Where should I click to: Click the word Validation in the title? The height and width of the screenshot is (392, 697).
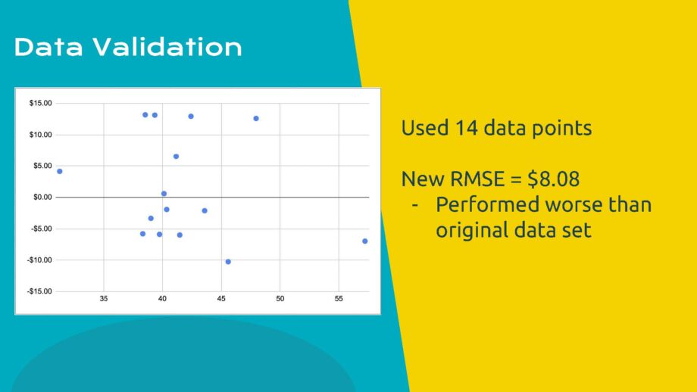coord(167,47)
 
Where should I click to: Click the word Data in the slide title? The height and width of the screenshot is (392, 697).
coord(48,47)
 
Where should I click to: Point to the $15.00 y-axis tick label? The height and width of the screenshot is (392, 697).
coord(40,103)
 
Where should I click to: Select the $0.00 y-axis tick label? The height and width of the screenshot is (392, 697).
coord(42,197)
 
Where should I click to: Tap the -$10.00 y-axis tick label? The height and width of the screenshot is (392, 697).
coord(39,260)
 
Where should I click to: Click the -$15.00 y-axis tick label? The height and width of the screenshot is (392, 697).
coord(39,291)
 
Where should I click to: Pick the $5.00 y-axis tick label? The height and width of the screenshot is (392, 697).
coord(42,166)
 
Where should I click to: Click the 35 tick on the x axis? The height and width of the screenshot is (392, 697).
coord(104,299)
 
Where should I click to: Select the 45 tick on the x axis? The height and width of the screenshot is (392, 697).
coord(221,299)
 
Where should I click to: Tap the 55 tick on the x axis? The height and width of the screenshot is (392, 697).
coord(339,299)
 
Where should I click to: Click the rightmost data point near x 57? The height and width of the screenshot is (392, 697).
coord(365,241)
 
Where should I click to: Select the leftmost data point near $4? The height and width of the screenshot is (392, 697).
coord(60,171)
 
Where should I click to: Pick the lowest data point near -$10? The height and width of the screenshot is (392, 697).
coord(228,262)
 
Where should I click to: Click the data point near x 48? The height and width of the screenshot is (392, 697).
coord(256,119)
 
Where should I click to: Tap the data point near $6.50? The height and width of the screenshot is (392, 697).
coord(176,156)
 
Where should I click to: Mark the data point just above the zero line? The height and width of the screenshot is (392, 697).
coord(164,194)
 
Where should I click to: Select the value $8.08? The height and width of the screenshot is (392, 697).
coord(553,179)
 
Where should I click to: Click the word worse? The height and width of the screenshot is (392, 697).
coord(574,204)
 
